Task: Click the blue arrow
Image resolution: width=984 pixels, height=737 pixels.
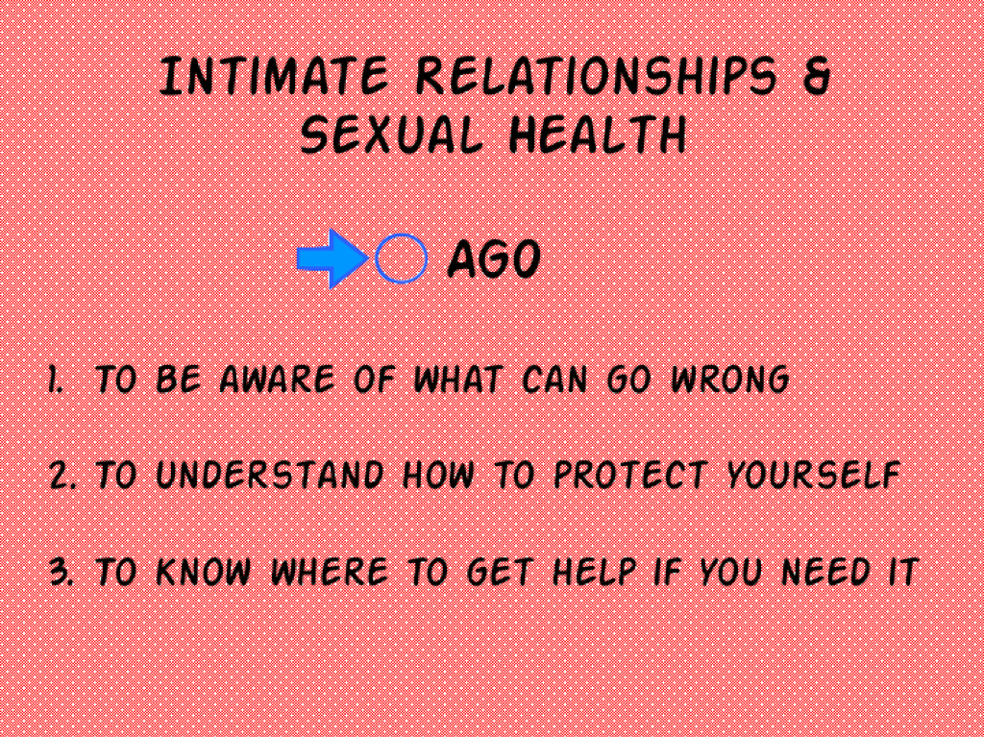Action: point(332,258)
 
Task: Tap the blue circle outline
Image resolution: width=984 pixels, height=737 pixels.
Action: point(377,258)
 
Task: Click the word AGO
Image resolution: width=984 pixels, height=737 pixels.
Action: point(494,258)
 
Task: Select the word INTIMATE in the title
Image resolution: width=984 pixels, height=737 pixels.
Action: point(275,76)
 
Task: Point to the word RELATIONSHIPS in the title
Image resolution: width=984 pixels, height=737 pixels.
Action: point(596,76)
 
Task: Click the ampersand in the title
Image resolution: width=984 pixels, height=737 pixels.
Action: point(817,76)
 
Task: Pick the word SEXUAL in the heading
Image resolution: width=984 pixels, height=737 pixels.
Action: point(392,135)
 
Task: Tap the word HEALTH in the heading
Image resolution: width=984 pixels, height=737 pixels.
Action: point(598,135)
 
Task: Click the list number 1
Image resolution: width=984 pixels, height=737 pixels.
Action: point(56,380)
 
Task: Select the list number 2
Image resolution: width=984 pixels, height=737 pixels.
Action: point(62,476)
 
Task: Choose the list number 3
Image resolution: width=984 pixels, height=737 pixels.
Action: point(61,572)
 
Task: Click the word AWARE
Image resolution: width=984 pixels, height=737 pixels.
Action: point(277,380)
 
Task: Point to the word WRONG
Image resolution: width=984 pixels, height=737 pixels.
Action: point(730,380)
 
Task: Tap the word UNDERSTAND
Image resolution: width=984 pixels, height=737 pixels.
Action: point(270,476)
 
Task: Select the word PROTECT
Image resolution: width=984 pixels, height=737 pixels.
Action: point(630,476)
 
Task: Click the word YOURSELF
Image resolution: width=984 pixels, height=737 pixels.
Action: point(814,476)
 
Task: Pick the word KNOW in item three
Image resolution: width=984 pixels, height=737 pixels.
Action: point(204,572)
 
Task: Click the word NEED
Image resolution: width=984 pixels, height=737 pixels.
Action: point(825,572)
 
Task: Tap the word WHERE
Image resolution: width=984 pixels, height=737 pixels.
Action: point(329,572)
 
